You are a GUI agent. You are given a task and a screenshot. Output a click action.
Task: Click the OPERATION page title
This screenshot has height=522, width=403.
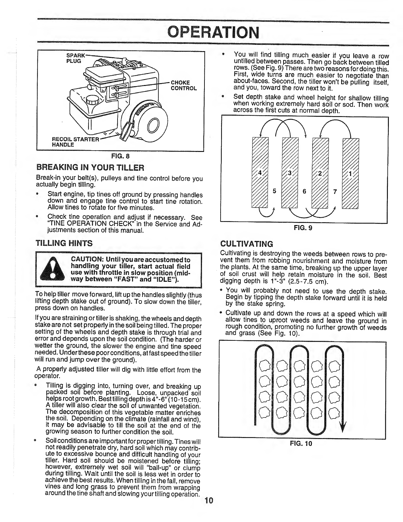(x=213, y=32)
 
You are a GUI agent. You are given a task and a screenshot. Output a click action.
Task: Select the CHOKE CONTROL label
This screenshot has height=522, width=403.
(x=183, y=85)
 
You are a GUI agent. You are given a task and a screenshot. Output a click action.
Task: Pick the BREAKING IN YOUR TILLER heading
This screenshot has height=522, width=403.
(x=90, y=168)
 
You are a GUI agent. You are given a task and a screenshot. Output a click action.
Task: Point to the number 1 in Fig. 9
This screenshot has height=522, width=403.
(x=350, y=174)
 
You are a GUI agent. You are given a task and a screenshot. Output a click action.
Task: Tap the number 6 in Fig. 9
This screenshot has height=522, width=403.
(x=304, y=191)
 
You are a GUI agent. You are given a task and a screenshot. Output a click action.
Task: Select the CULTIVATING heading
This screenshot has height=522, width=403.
(x=247, y=244)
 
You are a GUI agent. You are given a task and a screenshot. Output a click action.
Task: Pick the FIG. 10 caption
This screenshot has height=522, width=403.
(x=301, y=444)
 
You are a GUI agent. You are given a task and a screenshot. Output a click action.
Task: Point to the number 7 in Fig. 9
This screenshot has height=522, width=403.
(x=335, y=192)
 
